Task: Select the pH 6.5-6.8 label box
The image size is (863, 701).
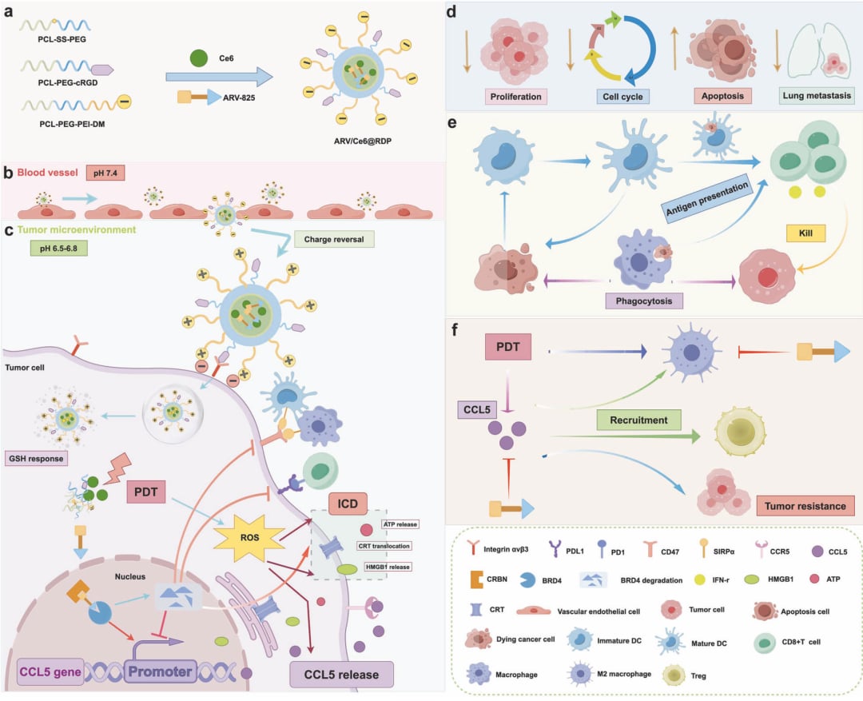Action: pyautogui.click(x=58, y=249)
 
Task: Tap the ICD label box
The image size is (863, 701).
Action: pyautogui.click(x=346, y=505)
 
